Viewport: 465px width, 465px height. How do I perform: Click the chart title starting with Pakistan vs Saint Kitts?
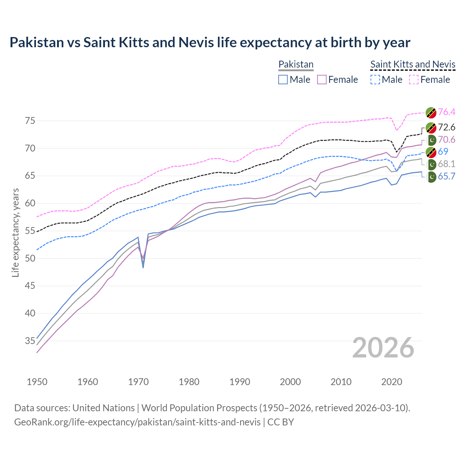tap(210, 43)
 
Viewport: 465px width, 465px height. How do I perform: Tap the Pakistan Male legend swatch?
tap(283, 80)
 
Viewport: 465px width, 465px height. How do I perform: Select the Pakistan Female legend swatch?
tap(322, 80)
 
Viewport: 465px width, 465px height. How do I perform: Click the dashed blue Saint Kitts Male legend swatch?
tap(375, 80)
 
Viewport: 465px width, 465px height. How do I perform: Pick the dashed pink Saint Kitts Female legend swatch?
tap(414, 80)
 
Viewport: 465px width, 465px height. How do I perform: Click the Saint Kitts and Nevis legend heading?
tap(413, 64)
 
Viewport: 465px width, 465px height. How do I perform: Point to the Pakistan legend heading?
tap(296, 64)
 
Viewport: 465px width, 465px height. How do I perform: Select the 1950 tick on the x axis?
tap(37, 382)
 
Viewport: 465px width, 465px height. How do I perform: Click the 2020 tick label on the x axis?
tap(392, 382)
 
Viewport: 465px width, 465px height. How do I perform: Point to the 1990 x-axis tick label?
tap(240, 382)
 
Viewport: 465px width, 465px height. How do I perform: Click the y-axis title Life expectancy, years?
tap(15, 232)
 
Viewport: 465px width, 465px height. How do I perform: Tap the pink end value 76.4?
tap(446, 112)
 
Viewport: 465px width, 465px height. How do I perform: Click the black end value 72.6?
tap(446, 127)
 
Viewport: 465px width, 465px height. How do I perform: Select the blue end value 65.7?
tap(446, 177)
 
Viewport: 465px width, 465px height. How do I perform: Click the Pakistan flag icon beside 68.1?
tap(431, 165)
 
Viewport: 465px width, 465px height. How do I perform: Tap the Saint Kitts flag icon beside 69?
tap(431, 152)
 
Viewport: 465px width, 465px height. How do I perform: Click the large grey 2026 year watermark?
tap(383, 348)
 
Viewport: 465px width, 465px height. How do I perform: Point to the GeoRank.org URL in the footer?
tap(137, 422)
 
